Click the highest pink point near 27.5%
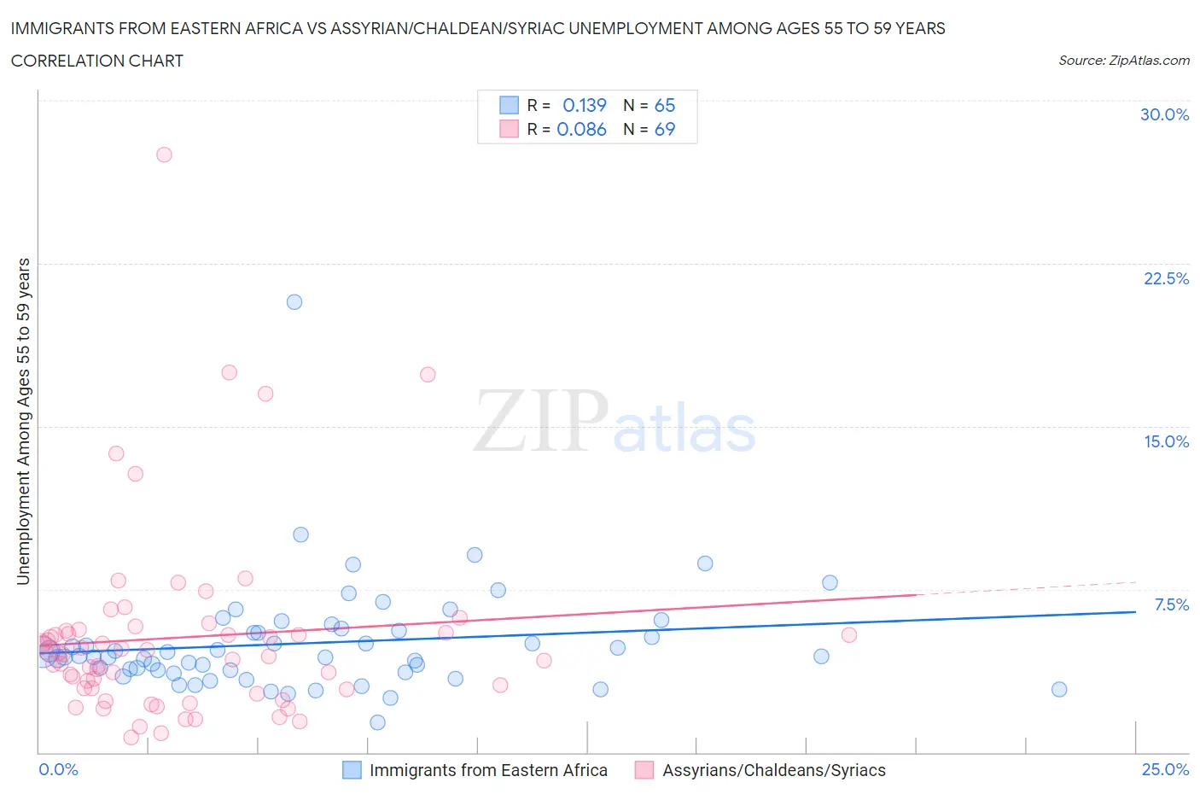(164, 155)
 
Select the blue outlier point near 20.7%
(294, 301)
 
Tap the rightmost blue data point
(1059, 689)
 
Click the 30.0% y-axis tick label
(1164, 114)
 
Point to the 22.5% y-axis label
(1166, 278)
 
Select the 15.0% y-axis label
(1166, 441)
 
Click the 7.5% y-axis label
(1171, 604)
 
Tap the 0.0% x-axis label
(58, 769)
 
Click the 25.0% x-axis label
(1165, 769)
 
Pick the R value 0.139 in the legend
(584, 105)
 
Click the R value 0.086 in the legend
(581, 129)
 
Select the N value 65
(664, 105)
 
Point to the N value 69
(664, 129)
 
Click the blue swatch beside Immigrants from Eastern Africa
(352, 770)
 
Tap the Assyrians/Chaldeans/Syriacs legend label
(774, 770)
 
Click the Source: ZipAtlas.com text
(1123, 60)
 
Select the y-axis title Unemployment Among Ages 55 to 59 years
(23, 421)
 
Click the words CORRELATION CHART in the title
(97, 61)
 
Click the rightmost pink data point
(848, 634)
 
